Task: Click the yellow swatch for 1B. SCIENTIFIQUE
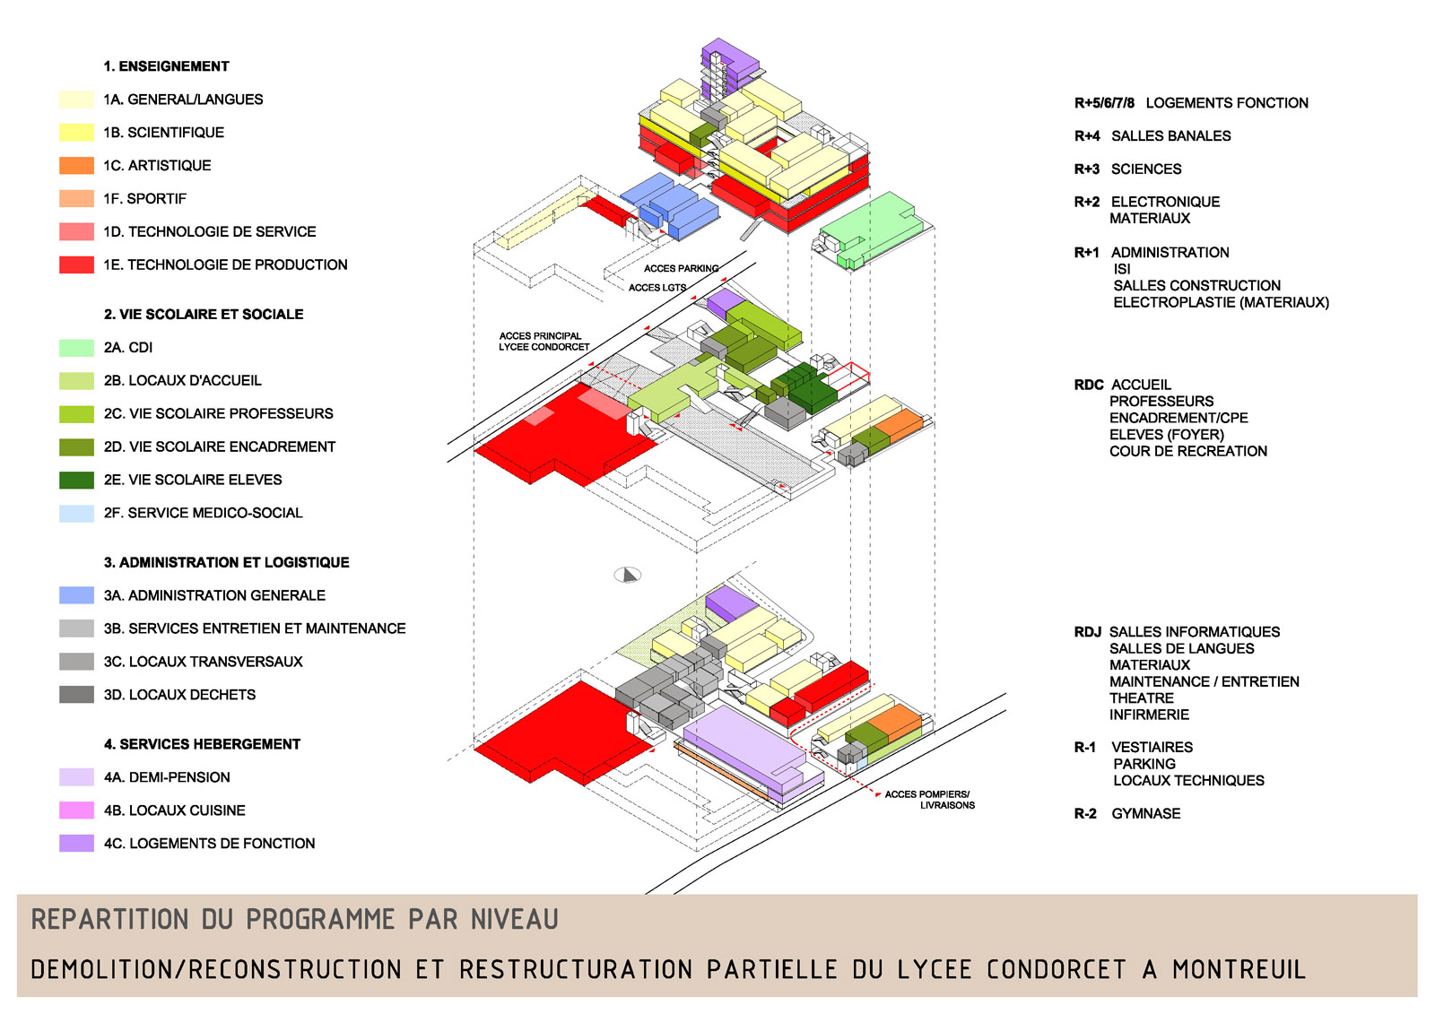[x=76, y=132]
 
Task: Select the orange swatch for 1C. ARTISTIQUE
[x=76, y=165]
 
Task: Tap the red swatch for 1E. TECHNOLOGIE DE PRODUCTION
[x=76, y=264]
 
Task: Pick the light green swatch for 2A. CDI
[x=76, y=347]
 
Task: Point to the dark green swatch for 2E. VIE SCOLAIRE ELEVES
[x=76, y=480]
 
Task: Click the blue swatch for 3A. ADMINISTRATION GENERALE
[x=76, y=595]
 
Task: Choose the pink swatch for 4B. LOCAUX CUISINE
[x=76, y=810]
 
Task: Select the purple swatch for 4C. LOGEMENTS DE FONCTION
[x=76, y=843]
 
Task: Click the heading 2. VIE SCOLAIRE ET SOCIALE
[x=204, y=315]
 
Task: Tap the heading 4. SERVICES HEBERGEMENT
[x=203, y=744]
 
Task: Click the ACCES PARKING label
[x=681, y=268]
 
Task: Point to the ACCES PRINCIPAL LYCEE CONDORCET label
[x=544, y=342]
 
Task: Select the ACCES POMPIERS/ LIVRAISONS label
[x=929, y=800]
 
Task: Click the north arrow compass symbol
[x=628, y=575]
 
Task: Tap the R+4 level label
[x=1087, y=135]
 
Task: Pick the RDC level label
[x=1089, y=385]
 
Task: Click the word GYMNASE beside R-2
[x=1146, y=813]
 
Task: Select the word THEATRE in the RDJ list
[x=1141, y=698]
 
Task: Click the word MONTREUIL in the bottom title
[x=1239, y=969]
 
